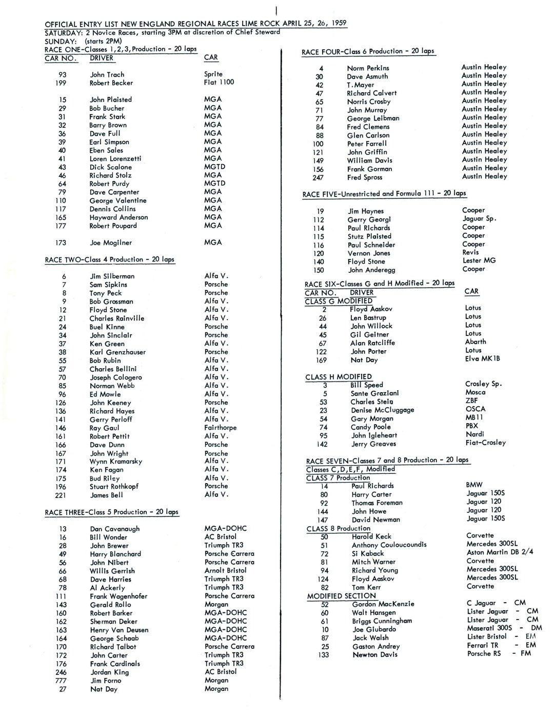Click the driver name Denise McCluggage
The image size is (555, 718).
tap(382, 410)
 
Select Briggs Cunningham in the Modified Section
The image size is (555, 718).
tap(382, 621)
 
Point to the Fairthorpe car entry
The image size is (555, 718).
tap(220, 428)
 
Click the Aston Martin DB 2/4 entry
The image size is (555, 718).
tap(500, 552)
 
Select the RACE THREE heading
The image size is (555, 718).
tap(111, 512)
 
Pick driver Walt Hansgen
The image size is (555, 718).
tap(374, 612)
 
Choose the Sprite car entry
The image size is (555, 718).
tap(213, 74)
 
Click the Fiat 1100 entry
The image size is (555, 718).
tap(219, 83)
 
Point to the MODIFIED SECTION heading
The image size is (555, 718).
tap(341, 596)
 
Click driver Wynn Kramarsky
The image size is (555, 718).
tap(116, 462)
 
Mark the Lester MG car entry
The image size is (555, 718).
tap(479, 261)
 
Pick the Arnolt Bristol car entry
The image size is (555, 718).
tap(225, 570)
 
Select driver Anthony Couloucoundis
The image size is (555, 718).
tap(389, 545)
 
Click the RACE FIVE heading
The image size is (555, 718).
tap(384, 194)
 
